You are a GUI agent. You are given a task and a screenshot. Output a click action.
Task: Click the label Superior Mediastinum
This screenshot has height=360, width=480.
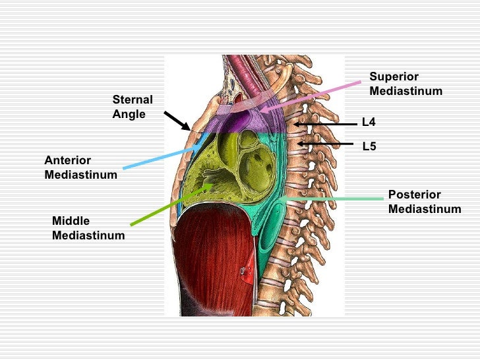(x=405, y=84)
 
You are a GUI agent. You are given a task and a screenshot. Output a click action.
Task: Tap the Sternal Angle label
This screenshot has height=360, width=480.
(x=132, y=107)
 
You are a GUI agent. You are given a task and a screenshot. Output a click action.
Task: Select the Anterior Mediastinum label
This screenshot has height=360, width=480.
(x=80, y=167)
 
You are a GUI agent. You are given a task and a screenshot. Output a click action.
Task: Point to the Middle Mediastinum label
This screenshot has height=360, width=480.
(x=88, y=227)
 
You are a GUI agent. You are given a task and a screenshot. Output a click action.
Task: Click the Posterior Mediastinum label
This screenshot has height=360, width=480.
(x=424, y=202)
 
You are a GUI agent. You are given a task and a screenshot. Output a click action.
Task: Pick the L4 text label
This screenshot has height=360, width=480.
(x=369, y=122)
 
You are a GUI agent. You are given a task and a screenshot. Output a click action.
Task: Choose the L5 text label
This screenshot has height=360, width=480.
(x=369, y=146)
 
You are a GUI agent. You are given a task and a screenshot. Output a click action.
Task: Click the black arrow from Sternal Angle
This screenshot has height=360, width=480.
(x=177, y=121)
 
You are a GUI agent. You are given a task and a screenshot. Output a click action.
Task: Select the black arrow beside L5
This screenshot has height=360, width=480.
(x=326, y=143)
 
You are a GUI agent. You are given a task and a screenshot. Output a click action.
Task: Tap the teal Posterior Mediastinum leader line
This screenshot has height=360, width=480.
(x=330, y=198)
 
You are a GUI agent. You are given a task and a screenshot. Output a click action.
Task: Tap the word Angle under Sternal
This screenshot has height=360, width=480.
(x=129, y=114)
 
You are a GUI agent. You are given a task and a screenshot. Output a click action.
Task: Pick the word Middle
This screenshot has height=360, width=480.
(x=71, y=221)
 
